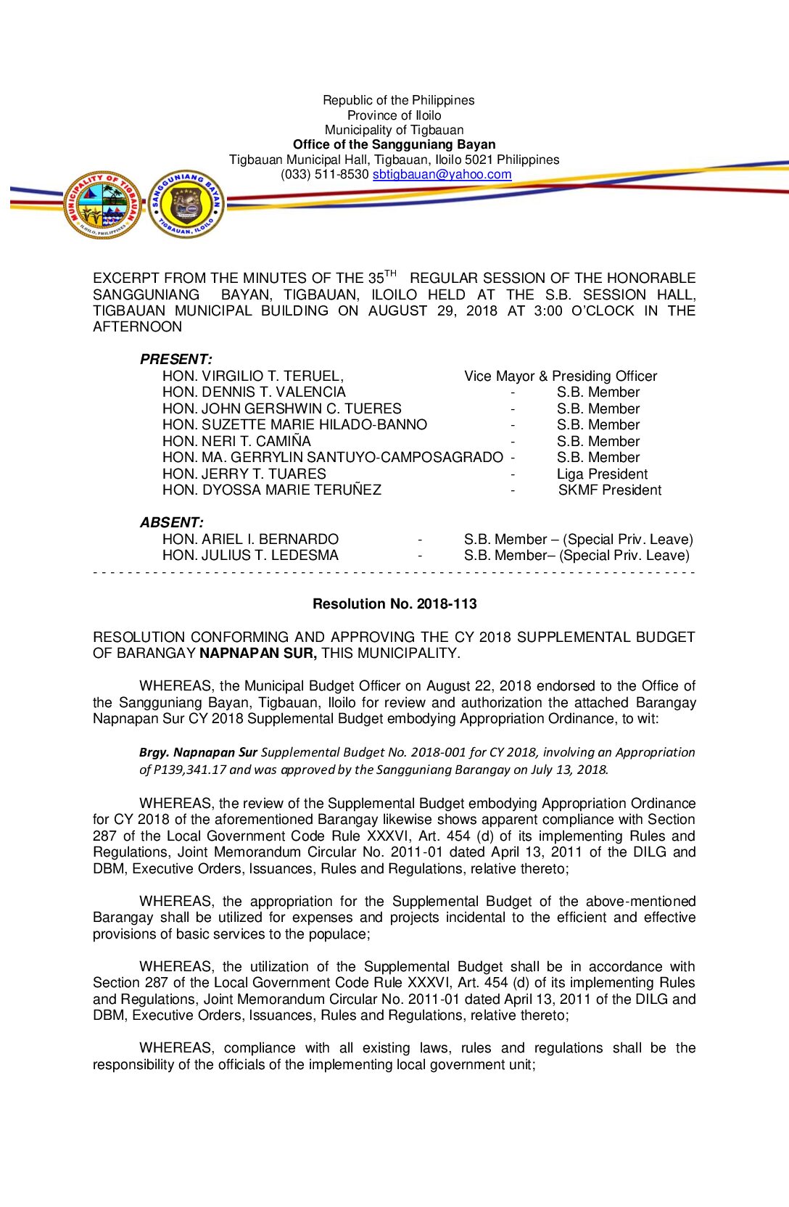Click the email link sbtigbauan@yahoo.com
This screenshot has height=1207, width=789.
442,174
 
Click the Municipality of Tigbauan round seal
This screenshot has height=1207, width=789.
102,205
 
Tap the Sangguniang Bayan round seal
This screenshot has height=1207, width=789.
186,205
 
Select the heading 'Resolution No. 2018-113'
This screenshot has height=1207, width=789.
394,603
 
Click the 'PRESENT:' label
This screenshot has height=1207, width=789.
176,359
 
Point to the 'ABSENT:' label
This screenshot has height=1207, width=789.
172,522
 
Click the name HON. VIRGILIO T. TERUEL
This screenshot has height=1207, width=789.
252,376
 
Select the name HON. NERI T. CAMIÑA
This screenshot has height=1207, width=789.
236,441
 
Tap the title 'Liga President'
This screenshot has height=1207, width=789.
602,474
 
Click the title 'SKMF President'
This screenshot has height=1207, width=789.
609,490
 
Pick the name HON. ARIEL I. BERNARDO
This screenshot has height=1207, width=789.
250,539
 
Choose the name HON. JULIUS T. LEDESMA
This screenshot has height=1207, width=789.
250,555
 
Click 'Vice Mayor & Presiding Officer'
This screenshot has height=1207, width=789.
561,376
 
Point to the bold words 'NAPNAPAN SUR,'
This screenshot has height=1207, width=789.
258,653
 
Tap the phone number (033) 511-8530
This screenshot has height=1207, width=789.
325,174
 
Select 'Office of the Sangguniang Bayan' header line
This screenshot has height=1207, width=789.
394,144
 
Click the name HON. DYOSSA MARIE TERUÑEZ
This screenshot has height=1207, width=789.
272,490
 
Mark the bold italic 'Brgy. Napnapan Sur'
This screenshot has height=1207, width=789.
198,752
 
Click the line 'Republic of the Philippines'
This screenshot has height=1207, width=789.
398,100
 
